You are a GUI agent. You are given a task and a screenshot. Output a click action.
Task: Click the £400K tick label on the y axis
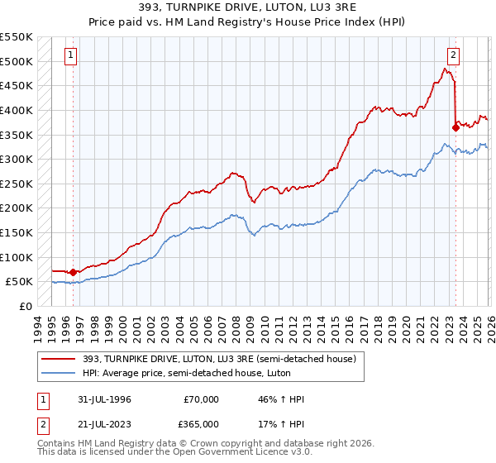click(17, 110)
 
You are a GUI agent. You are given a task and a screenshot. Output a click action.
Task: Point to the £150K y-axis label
click(17, 232)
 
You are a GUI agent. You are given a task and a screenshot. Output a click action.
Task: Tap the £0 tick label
click(24, 306)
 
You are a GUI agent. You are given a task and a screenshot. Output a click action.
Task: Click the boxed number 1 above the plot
click(72, 55)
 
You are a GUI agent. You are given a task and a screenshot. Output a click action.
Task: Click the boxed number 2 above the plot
click(454, 55)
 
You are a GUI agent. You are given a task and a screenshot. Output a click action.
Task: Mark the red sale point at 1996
click(73, 271)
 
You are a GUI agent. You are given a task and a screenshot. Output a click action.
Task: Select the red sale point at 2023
click(455, 127)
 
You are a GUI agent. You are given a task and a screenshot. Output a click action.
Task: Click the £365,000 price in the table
click(198, 423)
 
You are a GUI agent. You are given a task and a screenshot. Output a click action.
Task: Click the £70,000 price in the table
click(201, 399)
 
